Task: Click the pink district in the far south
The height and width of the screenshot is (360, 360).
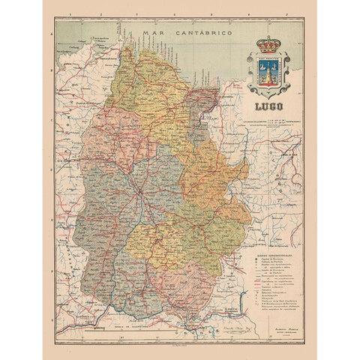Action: click(x=177, y=288)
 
